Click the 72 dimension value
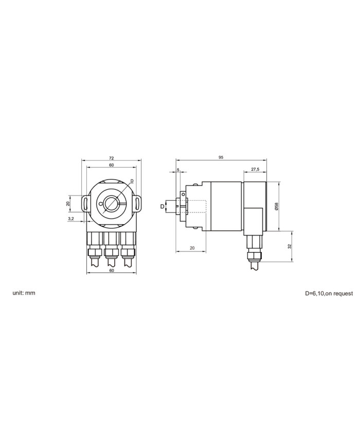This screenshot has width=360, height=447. point(112,157)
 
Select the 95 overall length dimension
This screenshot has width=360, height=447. point(221,157)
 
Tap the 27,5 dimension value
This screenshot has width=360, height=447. point(255,169)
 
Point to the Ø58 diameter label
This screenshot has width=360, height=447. point(276,206)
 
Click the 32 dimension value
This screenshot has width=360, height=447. point(290,246)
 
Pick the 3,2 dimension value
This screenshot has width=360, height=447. point(71,219)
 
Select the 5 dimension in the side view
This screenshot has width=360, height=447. point(178,170)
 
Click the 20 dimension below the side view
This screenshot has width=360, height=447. point(192,248)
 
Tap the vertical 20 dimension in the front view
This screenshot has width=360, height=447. point(68,204)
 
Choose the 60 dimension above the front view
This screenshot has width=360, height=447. point(112,165)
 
